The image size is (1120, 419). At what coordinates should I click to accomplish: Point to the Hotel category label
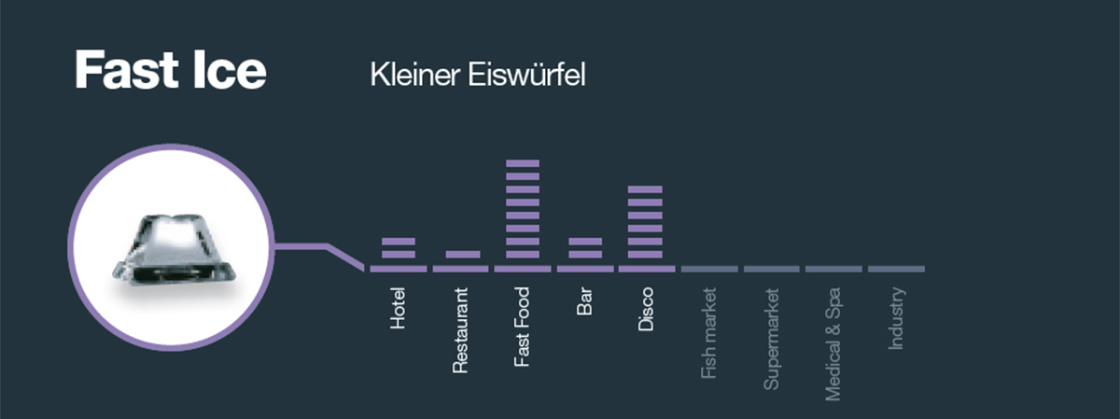(399, 309)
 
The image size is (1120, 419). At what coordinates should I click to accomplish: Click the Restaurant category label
(459, 331)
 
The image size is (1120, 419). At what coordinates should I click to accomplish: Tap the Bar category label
(585, 304)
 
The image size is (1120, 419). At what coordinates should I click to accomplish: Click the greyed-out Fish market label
(708, 332)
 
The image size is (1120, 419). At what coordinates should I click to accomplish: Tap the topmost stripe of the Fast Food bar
(523, 163)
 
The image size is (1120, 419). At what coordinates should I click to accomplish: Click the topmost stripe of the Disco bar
(646, 189)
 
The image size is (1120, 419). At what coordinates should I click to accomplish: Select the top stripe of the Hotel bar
(399, 242)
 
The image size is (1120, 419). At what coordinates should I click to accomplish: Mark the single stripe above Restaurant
(462, 254)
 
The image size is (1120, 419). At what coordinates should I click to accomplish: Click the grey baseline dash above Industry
(896, 269)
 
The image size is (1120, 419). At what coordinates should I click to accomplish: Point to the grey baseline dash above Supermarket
(771, 269)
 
